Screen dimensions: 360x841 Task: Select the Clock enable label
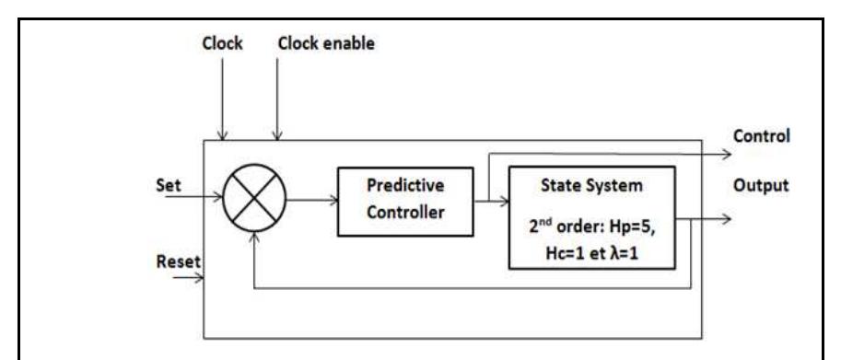pos(321,43)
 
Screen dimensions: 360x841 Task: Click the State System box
pos(593,216)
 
